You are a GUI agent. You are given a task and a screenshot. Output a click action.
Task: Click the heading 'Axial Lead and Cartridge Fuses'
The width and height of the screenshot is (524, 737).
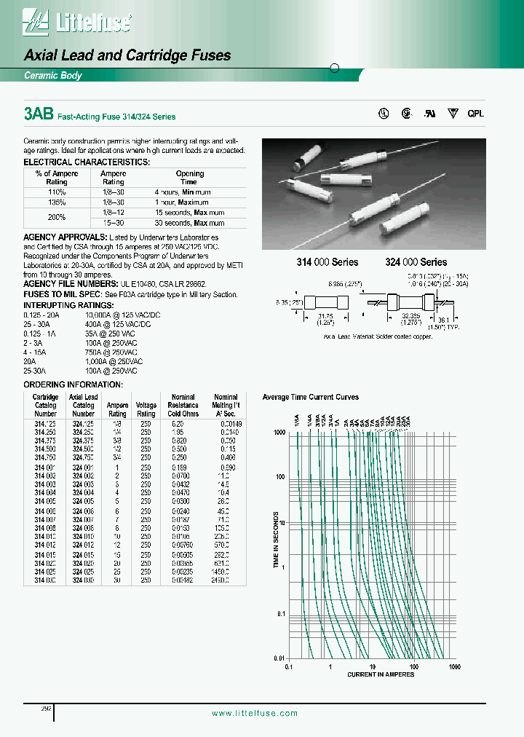pyautogui.click(x=127, y=55)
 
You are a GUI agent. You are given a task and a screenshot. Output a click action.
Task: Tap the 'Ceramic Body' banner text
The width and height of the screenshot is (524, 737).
pyautogui.click(x=53, y=76)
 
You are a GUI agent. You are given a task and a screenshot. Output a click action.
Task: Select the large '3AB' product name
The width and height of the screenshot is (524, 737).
pyautogui.click(x=38, y=114)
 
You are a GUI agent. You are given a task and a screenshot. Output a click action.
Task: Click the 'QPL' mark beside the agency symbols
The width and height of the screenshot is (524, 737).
pyautogui.click(x=475, y=114)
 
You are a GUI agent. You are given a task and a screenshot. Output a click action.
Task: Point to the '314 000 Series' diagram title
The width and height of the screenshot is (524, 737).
pyautogui.click(x=322, y=262)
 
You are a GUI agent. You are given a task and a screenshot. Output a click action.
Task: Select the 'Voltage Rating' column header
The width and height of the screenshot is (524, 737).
pyautogui.click(x=146, y=409)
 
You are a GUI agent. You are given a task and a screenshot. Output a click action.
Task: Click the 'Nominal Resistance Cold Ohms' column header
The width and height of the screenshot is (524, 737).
pyautogui.click(x=183, y=406)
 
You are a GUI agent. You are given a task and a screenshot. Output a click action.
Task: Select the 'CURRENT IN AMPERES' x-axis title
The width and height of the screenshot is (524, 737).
pyautogui.click(x=381, y=674)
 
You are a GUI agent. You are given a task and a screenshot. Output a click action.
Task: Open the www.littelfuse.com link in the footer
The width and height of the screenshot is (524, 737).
pyautogui.click(x=254, y=714)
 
